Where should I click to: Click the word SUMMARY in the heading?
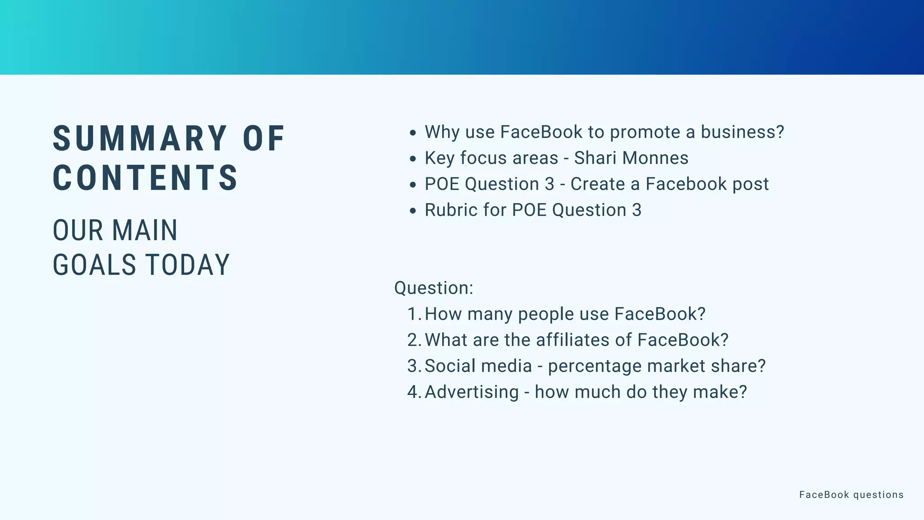pyautogui.click(x=140, y=139)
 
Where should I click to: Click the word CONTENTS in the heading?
pyautogui.click(x=145, y=178)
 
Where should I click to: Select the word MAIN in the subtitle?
pyautogui.click(x=145, y=231)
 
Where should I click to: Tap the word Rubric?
pyautogui.click(x=451, y=210)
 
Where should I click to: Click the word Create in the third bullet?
pyautogui.click(x=598, y=184)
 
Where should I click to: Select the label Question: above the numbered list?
pyautogui.click(x=434, y=288)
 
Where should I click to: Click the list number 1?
pyautogui.click(x=413, y=314)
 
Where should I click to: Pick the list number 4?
pyautogui.click(x=413, y=392)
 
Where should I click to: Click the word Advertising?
pyautogui.click(x=471, y=392)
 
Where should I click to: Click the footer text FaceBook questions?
pyautogui.click(x=851, y=495)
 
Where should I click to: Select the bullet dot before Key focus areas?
pyautogui.click(x=412, y=159)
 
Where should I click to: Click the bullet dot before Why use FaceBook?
pyautogui.click(x=412, y=133)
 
